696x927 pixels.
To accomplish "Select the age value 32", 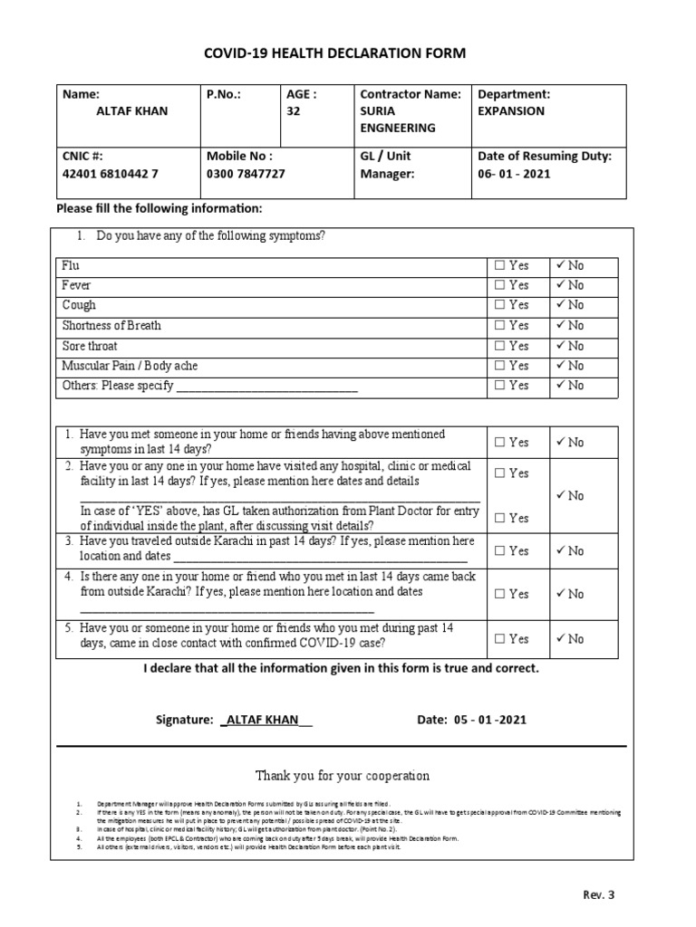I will [293, 111].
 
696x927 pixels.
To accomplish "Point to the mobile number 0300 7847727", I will [246, 174].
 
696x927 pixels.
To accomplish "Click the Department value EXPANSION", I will [511, 111].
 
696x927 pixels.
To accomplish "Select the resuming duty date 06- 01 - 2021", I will [513, 174].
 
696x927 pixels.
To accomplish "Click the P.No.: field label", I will [225, 94].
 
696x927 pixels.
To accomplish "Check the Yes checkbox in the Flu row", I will [499, 266].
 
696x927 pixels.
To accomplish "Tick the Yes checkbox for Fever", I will [499, 286].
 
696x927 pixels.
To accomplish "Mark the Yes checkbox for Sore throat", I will [499, 346].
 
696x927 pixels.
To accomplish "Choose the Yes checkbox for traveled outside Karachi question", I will [499, 551].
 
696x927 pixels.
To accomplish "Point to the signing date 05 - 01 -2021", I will [488, 720].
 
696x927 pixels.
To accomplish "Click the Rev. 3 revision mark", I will [599, 895].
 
